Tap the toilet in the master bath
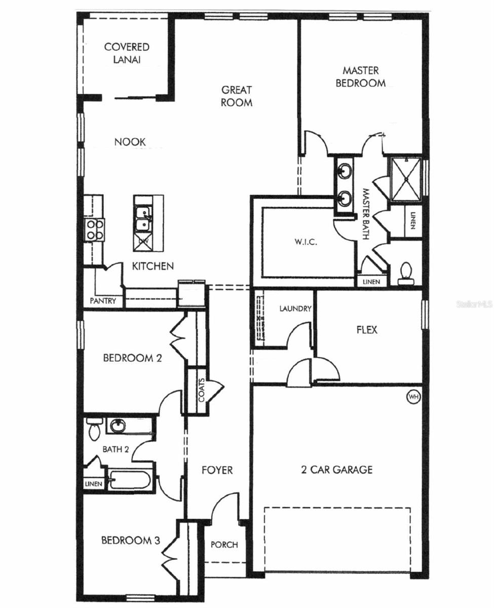point(405,273)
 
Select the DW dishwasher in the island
point(143,242)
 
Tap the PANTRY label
point(103,300)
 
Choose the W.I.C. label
point(306,242)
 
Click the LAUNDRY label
point(295,309)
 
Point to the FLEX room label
point(367,330)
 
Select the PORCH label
point(224,545)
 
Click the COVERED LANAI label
point(127,53)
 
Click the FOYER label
point(217,470)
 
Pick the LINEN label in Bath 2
point(94,484)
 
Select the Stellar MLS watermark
point(474,304)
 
